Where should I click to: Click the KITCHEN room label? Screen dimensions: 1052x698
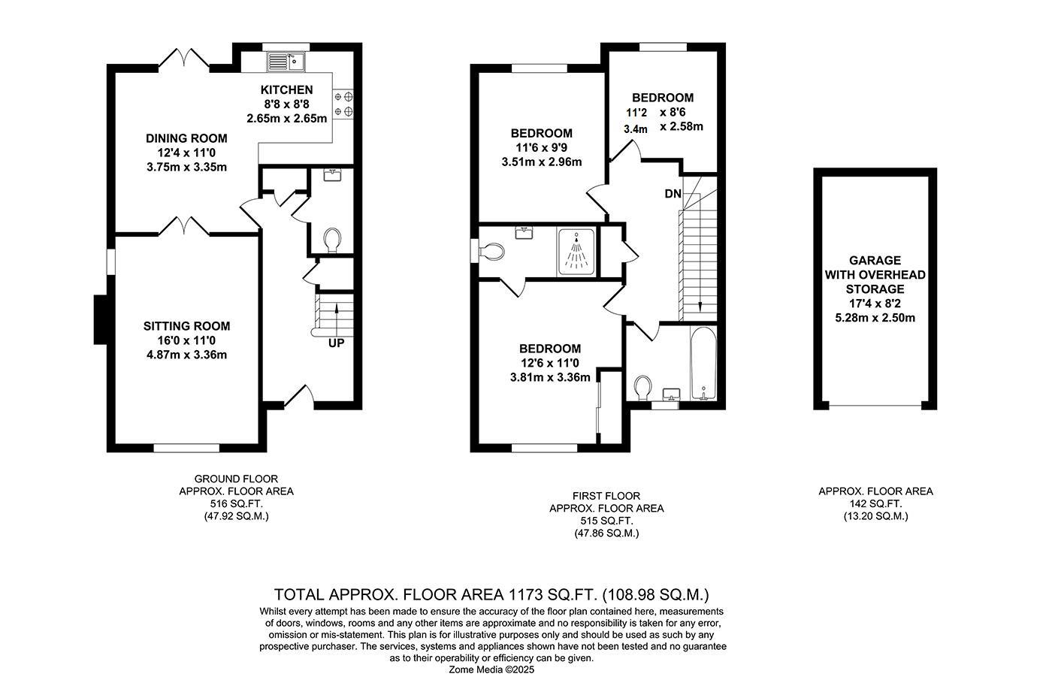286,89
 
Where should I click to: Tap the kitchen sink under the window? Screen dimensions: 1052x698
286,62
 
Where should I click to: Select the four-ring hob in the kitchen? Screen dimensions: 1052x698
343,104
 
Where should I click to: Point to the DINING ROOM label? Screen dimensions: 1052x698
186,138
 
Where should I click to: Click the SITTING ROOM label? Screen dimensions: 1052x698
186,326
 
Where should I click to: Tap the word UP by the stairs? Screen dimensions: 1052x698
337,343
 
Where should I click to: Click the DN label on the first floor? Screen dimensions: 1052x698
673,194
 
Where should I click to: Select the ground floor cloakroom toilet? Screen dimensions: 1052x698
332,240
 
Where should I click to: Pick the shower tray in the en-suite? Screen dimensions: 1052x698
576,252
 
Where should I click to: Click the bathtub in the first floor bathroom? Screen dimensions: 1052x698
703,364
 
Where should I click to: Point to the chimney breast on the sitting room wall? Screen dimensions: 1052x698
101,319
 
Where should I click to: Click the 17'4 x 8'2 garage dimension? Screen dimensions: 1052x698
875,304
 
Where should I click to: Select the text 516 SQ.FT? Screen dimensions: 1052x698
236,503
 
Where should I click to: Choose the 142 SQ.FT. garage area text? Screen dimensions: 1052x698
875,503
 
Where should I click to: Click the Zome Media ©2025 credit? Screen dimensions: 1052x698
491,669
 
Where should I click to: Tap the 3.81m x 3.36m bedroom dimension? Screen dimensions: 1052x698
550,377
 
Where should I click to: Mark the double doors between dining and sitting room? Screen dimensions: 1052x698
184,226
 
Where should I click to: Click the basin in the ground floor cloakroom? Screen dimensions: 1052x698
332,175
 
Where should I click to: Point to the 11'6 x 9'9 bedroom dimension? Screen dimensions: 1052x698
542,147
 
